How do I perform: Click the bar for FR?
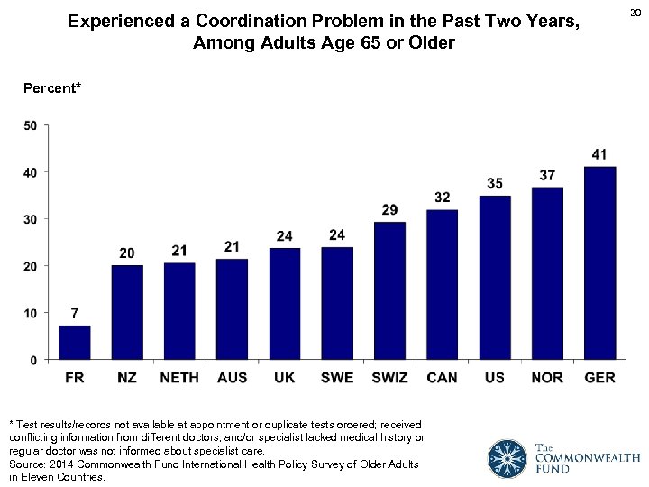point(75,343)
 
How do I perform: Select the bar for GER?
point(599,263)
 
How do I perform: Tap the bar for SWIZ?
point(389,290)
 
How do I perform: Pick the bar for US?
point(495,278)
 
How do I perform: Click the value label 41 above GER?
point(599,154)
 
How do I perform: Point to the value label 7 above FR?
point(75,314)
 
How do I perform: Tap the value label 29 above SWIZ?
point(389,210)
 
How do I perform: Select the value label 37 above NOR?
point(547,175)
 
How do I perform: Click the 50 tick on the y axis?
point(30,125)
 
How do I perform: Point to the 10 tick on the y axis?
point(30,313)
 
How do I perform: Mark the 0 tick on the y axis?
point(33,360)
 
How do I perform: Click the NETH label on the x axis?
point(179,378)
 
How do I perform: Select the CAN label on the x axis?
point(442,378)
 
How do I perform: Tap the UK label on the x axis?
point(284,378)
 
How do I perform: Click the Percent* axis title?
point(52,87)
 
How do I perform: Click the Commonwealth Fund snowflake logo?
point(507,458)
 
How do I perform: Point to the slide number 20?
point(635,12)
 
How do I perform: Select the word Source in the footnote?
point(27,464)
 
